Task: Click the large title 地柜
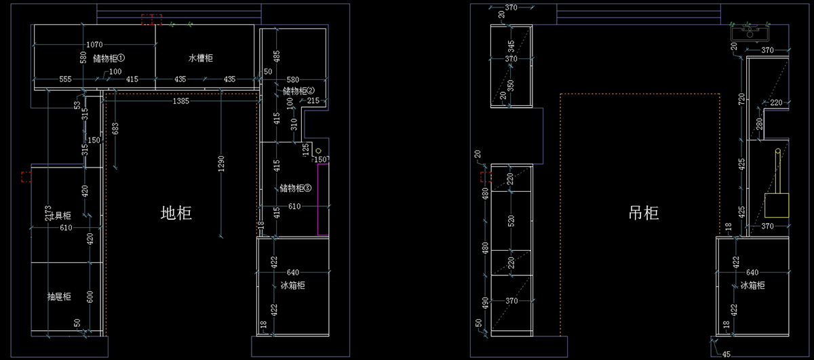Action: point(176,214)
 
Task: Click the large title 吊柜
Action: point(643,214)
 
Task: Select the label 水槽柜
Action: point(200,58)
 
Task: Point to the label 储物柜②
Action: point(299,91)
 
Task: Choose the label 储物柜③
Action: point(295,188)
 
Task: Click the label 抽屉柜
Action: point(59,296)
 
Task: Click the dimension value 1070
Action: point(95,45)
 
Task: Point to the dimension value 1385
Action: point(180,101)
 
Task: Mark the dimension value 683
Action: point(116,128)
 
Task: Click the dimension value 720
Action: point(741,99)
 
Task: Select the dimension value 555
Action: point(66,79)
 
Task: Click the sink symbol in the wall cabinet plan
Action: point(749,31)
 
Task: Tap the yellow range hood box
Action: point(777,204)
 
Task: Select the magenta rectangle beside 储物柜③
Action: point(323,197)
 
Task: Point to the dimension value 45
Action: point(726,353)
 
